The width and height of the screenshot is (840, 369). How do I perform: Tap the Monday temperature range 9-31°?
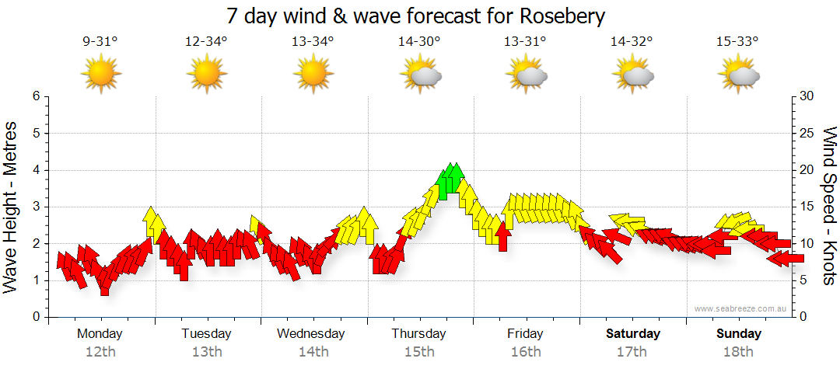tap(100, 42)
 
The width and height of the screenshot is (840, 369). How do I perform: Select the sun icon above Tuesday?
tap(206, 75)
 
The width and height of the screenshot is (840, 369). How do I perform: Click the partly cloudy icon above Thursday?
tap(421, 75)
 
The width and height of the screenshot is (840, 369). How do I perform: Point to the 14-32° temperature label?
tap(631, 42)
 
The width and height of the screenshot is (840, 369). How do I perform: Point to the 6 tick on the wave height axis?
tap(36, 96)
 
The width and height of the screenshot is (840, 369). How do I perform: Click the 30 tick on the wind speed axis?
tap(807, 96)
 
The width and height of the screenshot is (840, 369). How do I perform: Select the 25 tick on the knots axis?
tap(807, 133)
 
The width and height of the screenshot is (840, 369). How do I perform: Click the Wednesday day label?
tap(311, 334)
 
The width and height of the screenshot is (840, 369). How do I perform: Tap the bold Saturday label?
tap(633, 334)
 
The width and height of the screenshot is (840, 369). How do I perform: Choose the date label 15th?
tap(419, 352)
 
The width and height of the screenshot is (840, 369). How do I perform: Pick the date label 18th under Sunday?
tap(739, 352)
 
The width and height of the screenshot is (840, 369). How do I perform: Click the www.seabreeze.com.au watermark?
tap(741, 309)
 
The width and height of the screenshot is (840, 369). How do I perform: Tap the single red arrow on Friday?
tap(502, 235)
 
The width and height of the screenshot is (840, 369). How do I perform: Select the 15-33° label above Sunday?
tap(738, 42)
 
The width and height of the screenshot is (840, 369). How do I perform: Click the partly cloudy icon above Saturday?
tap(633, 75)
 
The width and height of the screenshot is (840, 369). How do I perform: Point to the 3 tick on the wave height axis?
tap(36, 207)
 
